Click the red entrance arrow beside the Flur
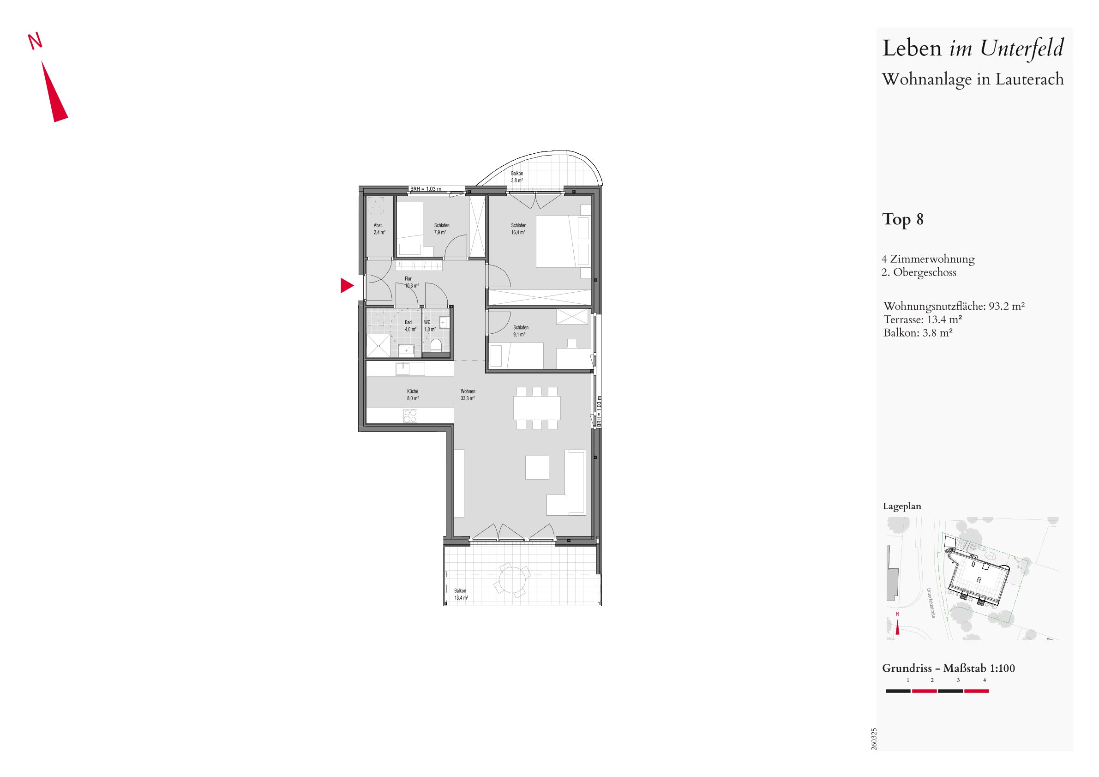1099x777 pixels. tap(346, 286)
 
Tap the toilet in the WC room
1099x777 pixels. tap(436, 346)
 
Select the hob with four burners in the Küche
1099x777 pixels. tap(410, 416)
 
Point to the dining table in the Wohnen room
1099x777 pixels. tap(537, 408)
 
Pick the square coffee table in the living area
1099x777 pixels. tap(537, 467)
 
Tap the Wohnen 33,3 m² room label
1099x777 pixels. tap(468, 395)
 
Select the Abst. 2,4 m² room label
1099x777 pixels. tap(379, 229)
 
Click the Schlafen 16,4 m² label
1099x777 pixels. tap(518, 229)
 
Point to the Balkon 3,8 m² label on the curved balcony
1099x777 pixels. tap(517, 177)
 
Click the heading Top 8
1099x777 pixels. tap(903, 219)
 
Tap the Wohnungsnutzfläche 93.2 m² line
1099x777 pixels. tap(954, 306)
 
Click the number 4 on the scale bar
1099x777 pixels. tap(984, 680)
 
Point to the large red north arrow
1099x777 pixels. tap(54, 91)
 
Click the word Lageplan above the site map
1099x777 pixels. tap(902, 506)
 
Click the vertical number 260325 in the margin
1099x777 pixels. tap(874, 739)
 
